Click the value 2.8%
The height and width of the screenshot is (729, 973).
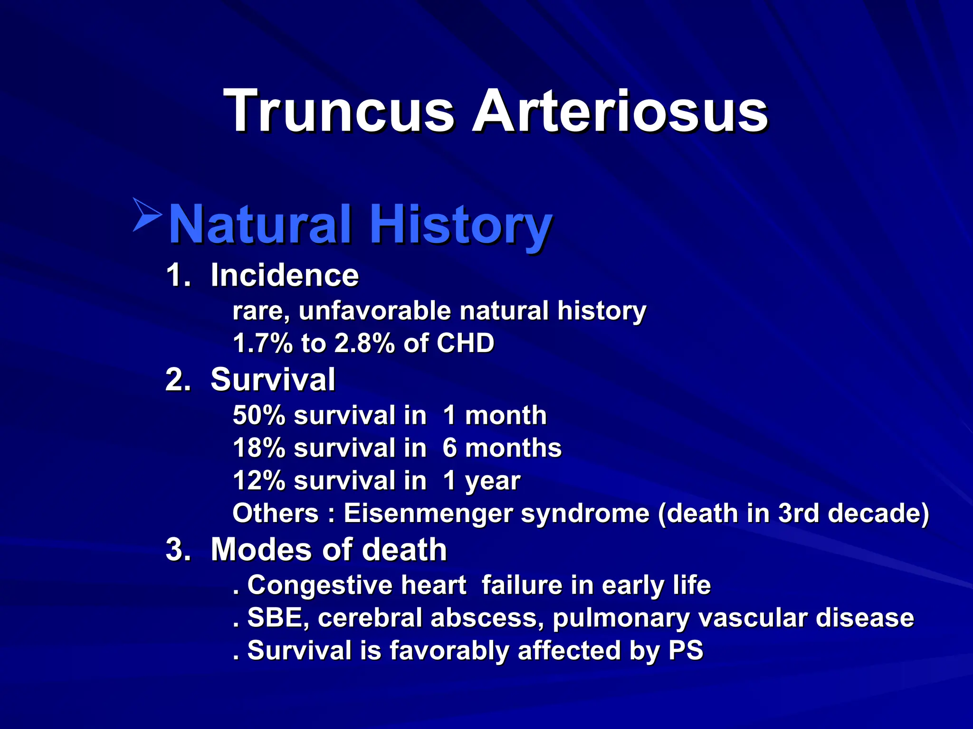[x=364, y=343]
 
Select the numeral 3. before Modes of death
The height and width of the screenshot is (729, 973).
[x=178, y=550]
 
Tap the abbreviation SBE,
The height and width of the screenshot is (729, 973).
[x=278, y=618]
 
